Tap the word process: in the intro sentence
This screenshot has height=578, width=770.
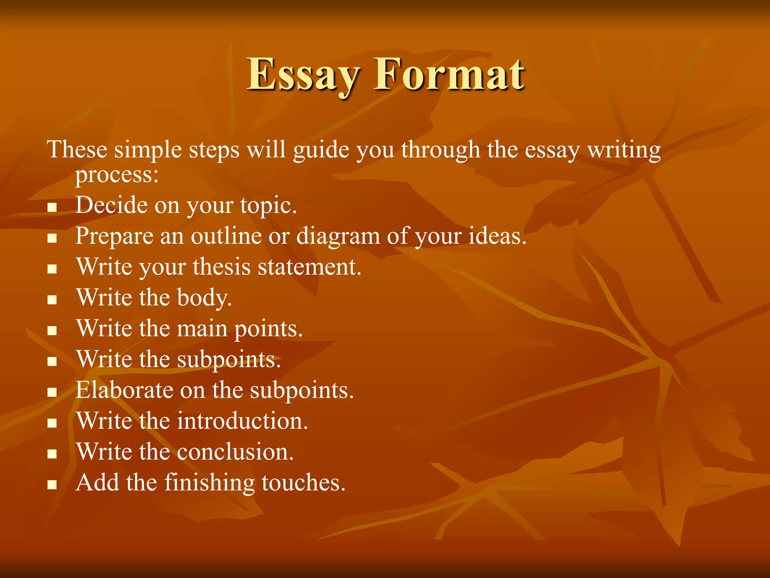pos(117,175)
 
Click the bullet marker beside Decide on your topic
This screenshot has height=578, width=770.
pos(52,207)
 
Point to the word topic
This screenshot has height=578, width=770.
pos(268,206)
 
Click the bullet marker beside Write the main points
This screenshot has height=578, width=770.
pos(52,330)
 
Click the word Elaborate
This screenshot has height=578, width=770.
pos(124,390)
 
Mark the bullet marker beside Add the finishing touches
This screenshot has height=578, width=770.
pos(52,485)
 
